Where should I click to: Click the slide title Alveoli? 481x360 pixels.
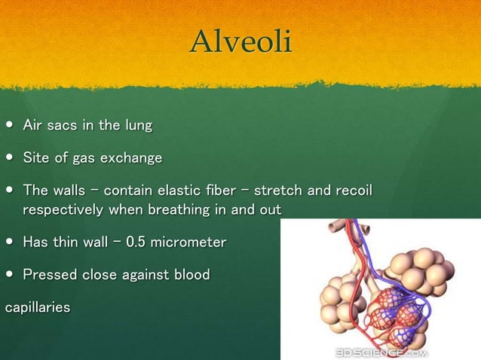click(x=240, y=41)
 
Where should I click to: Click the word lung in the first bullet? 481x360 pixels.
click(x=139, y=125)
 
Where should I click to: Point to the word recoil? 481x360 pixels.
click(x=351, y=190)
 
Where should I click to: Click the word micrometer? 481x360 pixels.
click(x=189, y=243)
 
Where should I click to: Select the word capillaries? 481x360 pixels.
click(x=38, y=307)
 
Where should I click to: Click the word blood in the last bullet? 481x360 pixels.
click(x=190, y=275)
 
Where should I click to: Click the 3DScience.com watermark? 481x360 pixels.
click(x=381, y=352)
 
